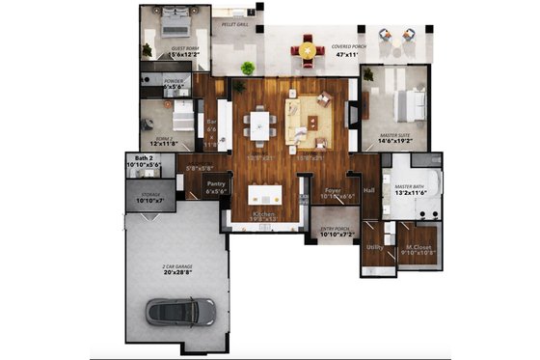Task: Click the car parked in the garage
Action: point(181,311)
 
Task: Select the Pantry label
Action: point(216,183)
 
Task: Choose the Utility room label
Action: point(375,247)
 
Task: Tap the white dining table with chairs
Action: point(258,124)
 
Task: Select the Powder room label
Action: point(174,81)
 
